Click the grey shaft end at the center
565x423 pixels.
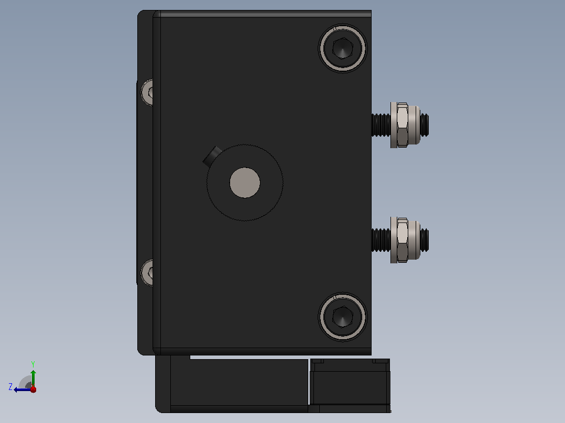click(245, 183)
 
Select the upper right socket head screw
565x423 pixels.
click(342, 48)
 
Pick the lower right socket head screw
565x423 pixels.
click(342, 317)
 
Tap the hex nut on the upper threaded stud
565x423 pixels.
click(402, 125)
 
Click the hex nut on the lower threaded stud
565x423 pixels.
click(402, 240)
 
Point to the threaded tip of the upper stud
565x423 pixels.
click(425, 125)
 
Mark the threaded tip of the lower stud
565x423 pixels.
click(425, 240)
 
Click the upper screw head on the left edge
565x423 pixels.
click(147, 93)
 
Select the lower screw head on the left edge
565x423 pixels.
click(147, 273)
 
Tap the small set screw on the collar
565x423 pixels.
click(212, 156)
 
